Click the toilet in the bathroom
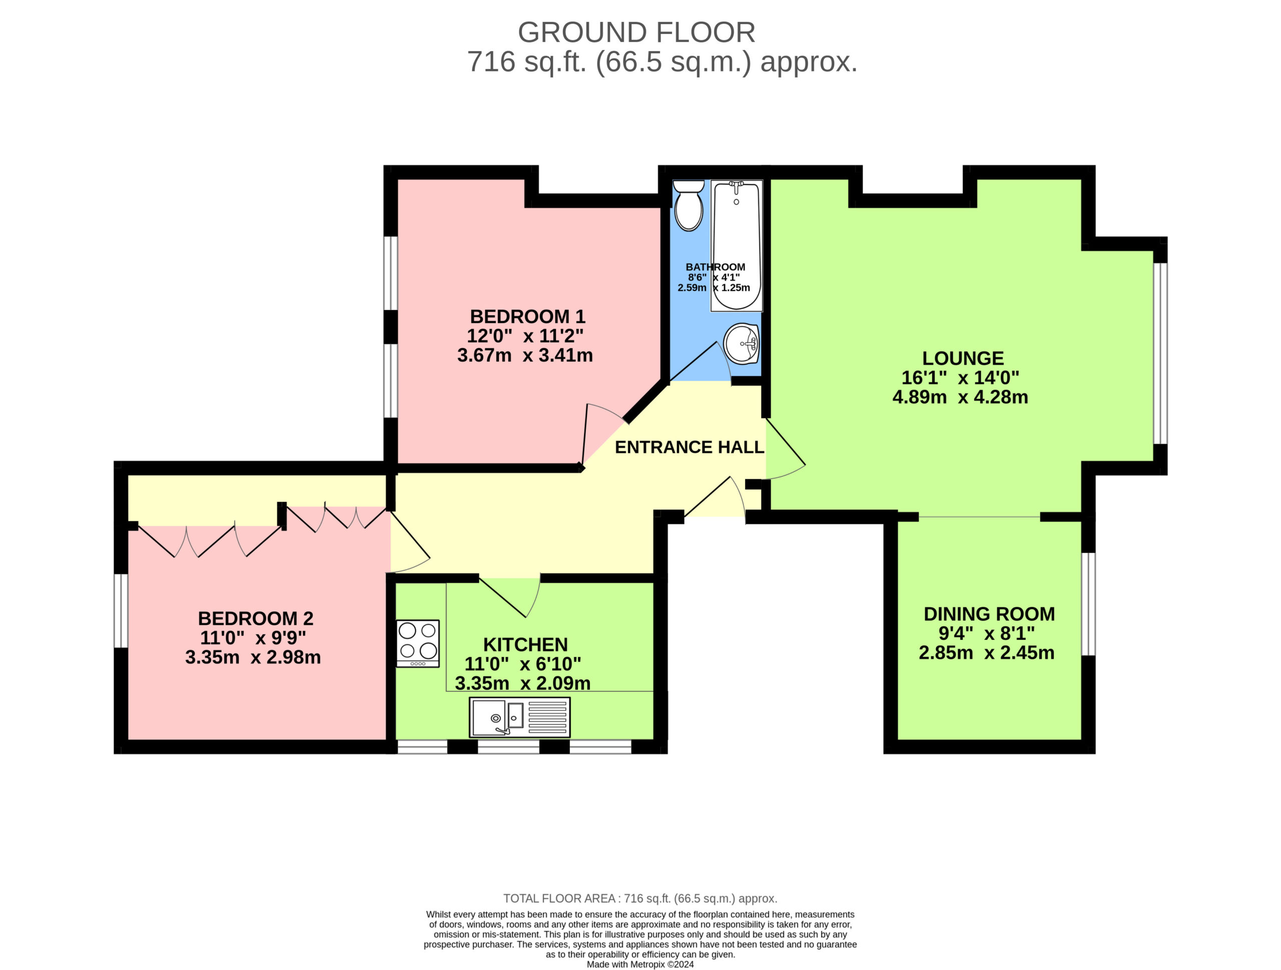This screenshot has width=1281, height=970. coord(689,206)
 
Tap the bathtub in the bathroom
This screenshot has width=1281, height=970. coord(737,246)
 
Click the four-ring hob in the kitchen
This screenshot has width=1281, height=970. coord(417,643)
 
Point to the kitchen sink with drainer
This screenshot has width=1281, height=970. coord(519,717)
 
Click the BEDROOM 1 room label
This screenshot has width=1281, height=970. coord(527,317)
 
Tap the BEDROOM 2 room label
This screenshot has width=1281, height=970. coord(255,618)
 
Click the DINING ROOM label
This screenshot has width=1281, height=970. coord(989,614)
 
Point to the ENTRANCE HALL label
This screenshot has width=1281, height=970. coord(689,447)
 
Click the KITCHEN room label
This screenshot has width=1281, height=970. coord(525,644)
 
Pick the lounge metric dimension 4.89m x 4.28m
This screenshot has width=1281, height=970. coord(960,397)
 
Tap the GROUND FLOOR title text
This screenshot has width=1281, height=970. coord(636,33)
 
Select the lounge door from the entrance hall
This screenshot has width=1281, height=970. coord(785,449)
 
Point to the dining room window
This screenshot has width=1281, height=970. coord(1089,604)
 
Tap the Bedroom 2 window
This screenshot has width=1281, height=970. coord(121,610)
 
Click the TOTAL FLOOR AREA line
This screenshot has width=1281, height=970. coord(640,898)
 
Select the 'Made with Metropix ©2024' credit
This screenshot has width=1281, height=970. coord(640,964)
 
